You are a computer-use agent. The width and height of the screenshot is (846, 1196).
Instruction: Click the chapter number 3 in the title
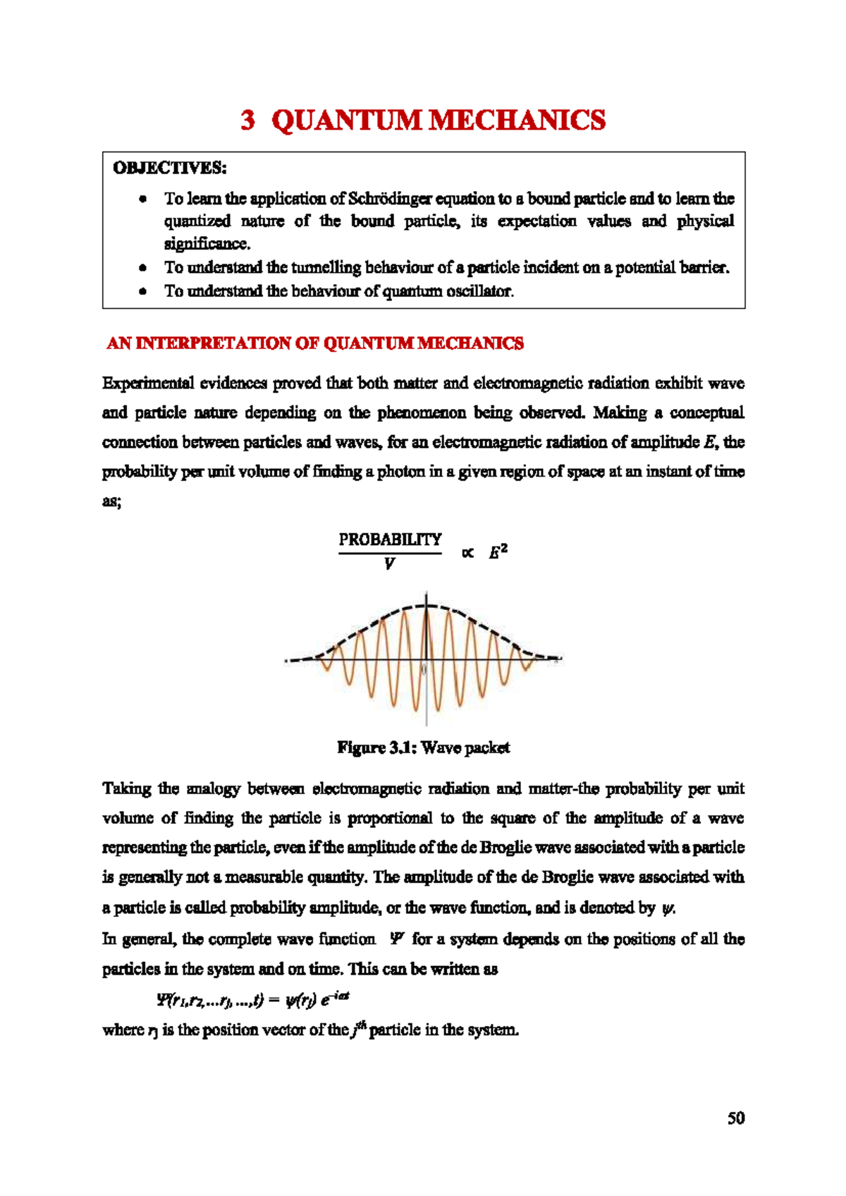pyautogui.click(x=247, y=121)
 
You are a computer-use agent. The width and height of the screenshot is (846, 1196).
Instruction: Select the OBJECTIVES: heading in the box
pyautogui.click(x=170, y=168)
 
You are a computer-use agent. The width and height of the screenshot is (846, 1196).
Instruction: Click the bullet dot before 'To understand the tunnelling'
pyautogui.click(x=143, y=268)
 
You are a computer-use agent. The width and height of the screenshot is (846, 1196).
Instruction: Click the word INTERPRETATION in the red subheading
pyautogui.click(x=214, y=343)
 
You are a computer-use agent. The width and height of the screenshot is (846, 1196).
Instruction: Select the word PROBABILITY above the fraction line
pyautogui.click(x=390, y=539)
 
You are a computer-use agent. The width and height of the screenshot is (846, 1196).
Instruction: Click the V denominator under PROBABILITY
pyautogui.click(x=389, y=564)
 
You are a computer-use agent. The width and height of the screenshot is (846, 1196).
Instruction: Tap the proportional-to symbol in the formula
pyautogui.click(x=467, y=553)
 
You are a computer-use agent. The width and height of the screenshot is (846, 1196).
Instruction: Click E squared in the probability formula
pyautogui.click(x=498, y=552)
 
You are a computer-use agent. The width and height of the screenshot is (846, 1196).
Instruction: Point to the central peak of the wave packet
pyautogui.click(x=426, y=606)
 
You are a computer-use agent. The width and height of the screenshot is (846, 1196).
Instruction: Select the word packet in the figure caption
pyautogui.click(x=486, y=747)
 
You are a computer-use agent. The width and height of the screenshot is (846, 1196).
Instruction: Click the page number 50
pyautogui.click(x=736, y=1118)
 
